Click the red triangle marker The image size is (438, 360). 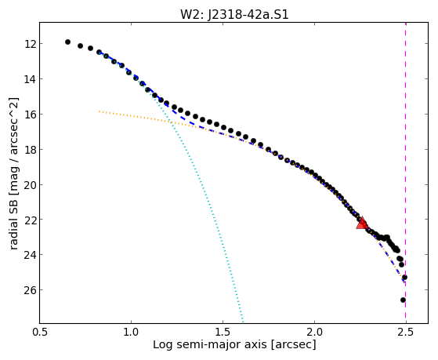point(362,223)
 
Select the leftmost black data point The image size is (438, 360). point(67,42)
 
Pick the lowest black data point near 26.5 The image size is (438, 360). point(403,300)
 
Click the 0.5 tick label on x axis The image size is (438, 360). point(39,332)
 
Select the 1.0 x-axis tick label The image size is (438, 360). point(131,332)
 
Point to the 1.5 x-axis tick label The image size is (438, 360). point(223,332)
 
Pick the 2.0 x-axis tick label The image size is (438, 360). point(314,332)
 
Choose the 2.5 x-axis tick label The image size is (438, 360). point(406,332)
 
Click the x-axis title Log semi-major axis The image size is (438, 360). point(210,344)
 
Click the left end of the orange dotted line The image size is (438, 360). point(100,111)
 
